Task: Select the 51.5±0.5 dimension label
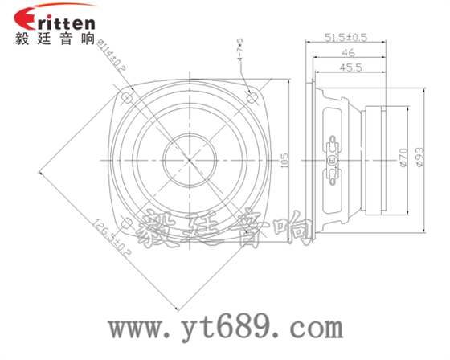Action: coord(346,37)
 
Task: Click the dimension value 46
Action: coord(346,52)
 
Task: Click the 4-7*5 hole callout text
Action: coord(239,49)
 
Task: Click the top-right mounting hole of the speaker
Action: coord(252,97)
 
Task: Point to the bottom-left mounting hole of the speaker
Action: coord(127,222)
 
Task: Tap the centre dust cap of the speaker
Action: coord(190,156)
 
